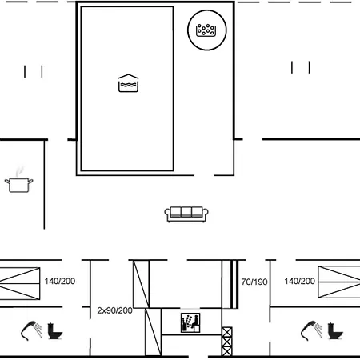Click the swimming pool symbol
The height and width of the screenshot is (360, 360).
(x=128, y=83)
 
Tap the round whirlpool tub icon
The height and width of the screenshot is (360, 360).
(x=206, y=30)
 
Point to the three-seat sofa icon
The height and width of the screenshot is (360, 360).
(x=186, y=214)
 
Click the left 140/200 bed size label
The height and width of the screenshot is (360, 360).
(x=61, y=282)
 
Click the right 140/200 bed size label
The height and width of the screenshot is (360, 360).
(x=299, y=282)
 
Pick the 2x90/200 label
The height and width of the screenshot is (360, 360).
(x=114, y=310)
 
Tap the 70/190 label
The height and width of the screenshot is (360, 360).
(x=254, y=282)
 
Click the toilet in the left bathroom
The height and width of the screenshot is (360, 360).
(x=56, y=329)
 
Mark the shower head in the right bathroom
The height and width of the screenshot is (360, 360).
(x=310, y=329)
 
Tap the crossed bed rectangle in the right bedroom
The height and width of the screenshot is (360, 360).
(x=339, y=282)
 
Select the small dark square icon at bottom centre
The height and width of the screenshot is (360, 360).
(x=190, y=323)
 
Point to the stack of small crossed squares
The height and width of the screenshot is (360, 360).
(x=226, y=341)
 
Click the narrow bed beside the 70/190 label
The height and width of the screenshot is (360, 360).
(x=230, y=284)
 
